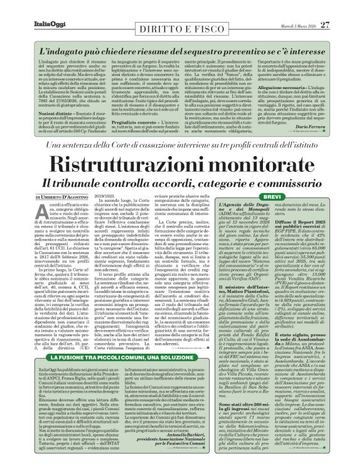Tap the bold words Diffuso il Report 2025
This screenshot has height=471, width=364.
pyautogui.click(x=312, y=256)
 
